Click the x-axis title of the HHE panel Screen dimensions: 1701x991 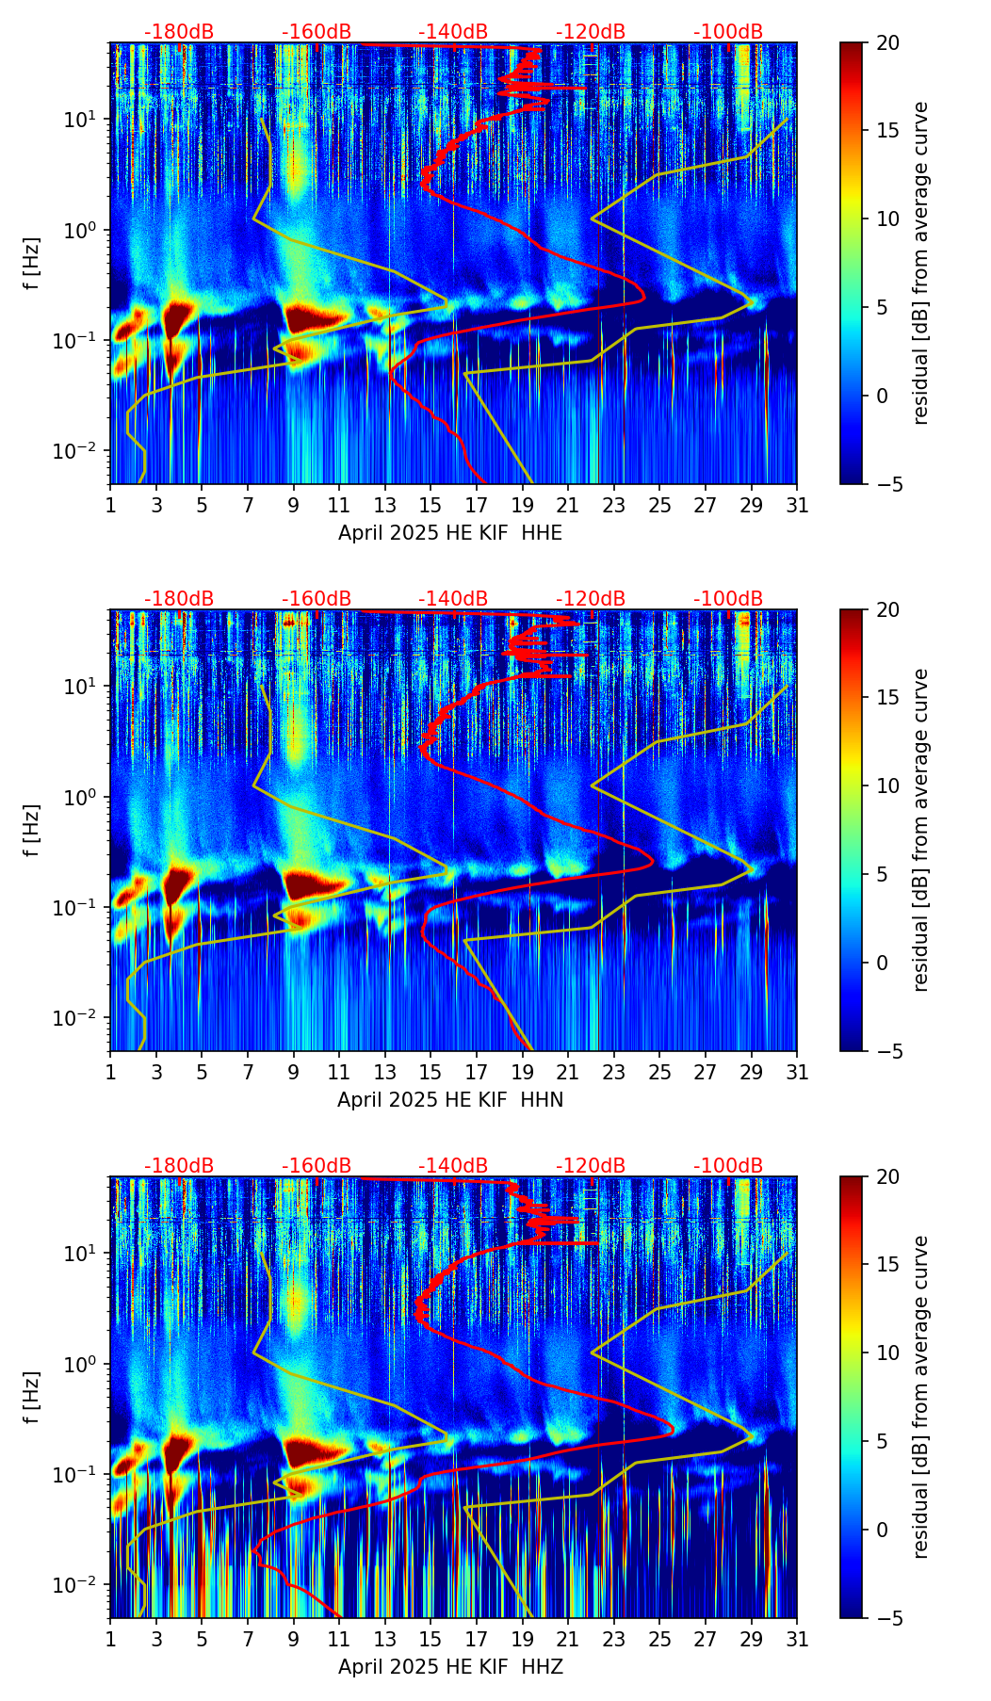pos(449,533)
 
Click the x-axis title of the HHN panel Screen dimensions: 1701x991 pos(449,1100)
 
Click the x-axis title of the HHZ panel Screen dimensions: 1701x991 pos(449,1667)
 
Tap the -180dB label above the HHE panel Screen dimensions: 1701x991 pos(179,32)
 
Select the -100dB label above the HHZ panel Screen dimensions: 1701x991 pos(728,1166)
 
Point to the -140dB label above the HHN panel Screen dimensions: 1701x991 pos(453,599)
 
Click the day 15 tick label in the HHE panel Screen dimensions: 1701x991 pos(431,505)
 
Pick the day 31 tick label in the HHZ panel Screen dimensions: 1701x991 pos(797,1639)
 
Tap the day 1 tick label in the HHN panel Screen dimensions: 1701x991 pos(110,1072)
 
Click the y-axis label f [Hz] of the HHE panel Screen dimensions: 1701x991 pos(32,263)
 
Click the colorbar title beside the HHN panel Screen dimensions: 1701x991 pos(921,830)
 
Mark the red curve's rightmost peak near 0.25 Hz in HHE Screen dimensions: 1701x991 pos(644,298)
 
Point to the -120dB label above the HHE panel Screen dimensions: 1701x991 pos(591,32)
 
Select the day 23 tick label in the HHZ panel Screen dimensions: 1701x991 pos(614,1639)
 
